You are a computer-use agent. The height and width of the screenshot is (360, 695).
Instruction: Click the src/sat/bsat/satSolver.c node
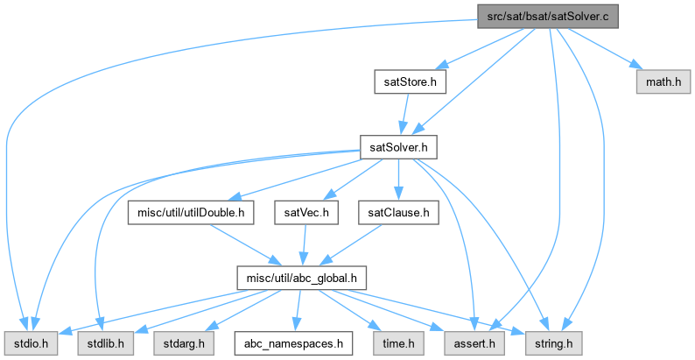[547, 17]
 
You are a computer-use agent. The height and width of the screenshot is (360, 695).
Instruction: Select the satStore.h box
[410, 82]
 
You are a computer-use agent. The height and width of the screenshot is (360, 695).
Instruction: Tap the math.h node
[663, 82]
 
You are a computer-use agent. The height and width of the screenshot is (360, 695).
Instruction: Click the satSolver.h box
[398, 147]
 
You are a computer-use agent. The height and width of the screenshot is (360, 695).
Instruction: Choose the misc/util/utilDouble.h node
[192, 212]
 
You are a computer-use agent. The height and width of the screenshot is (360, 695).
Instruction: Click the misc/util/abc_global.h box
[300, 278]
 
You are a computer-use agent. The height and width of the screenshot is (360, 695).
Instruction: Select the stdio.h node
[31, 342]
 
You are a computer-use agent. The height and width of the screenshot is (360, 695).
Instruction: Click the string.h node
[551, 342]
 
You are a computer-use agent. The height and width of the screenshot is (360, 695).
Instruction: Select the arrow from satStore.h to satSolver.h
[405, 115]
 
